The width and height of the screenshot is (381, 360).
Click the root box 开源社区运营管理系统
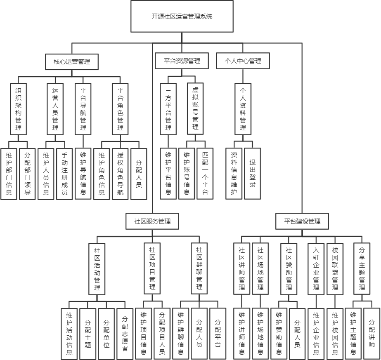(182, 16)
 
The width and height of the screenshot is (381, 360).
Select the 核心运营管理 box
(72, 61)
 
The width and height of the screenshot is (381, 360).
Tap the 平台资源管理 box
(182, 61)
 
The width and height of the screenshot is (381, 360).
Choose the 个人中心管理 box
(243, 61)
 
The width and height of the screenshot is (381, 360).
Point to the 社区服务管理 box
(152, 221)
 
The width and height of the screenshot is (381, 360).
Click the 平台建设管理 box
(302, 221)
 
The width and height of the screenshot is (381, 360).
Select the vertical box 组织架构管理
(18, 109)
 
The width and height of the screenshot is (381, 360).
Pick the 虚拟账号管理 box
(195, 108)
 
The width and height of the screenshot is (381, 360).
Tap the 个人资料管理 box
(243, 109)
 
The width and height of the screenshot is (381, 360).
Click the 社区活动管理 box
(97, 268)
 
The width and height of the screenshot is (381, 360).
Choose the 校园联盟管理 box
(335, 268)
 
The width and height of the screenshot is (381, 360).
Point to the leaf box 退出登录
(253, 174)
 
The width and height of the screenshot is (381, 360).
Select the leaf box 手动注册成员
(64, 174)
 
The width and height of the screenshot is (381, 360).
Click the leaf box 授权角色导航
(120, 174)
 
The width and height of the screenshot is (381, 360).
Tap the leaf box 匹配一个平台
(205, 174)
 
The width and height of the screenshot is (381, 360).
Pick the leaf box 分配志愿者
(125, 334)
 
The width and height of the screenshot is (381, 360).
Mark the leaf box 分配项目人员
(162, 334)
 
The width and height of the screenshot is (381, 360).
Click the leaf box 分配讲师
(372, 334)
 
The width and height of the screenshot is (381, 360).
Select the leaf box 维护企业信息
(317, 334)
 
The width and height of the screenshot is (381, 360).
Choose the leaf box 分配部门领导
(28, 174)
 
